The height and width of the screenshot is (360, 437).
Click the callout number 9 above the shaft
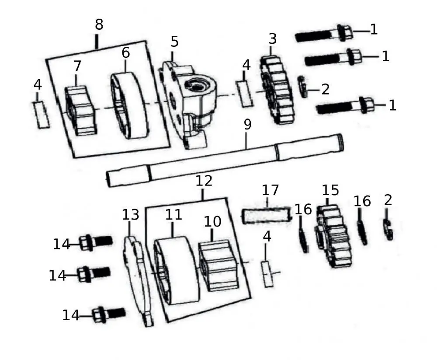click(x=247, y=125)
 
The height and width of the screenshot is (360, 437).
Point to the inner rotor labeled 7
click(x=80, y=110)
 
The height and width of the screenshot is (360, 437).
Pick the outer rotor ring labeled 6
click(x=129, y=106)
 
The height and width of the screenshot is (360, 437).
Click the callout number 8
click(x=99, y=25)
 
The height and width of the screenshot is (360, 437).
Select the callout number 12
click(x=204, y=181)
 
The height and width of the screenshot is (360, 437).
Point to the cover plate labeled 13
click(x=139, y=280)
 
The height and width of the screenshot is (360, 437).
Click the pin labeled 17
click(x=267, y=215)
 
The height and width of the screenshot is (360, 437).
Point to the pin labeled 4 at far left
click(x=42, y=114)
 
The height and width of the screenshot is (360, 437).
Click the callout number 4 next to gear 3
click(x=246, y=66)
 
